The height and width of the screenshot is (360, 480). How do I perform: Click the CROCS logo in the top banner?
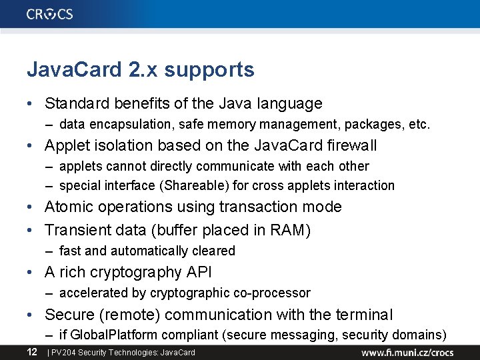click(x=50, y=14)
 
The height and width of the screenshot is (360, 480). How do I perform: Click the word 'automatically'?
click(x=147, y=251)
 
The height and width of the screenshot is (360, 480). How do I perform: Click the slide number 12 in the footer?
click(x=32, y=351)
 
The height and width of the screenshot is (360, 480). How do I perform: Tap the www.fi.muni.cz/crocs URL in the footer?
click(x=407, y=352)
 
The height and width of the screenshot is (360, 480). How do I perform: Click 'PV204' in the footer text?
click(x=61, y=352)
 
